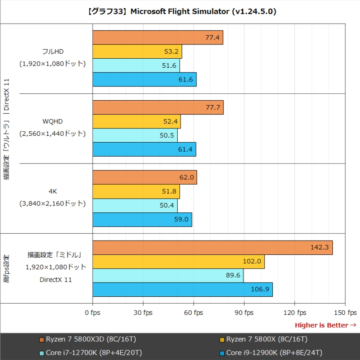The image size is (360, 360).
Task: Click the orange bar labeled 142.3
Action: [x=212, y=248]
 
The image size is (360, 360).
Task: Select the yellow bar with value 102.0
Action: [x=178, y=262]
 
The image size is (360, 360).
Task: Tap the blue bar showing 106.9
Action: [x=182, y=289]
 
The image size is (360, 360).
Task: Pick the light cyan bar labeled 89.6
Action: [x=168, y=276]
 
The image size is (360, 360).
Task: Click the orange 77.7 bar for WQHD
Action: [x=158, y=107]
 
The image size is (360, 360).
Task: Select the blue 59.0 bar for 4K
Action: [x=142, y=219]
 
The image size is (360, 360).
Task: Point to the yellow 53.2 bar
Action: [x=137, y=51]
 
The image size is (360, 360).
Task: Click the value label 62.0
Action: [x=186, y=178]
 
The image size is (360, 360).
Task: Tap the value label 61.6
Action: [x=186, y=80]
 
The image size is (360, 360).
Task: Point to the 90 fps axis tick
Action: [x=244, y=313]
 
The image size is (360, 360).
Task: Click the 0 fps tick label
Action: [x=93, y=313]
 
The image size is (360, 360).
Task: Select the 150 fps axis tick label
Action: [x=345, y=313]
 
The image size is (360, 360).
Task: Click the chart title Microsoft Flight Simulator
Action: [x=180, y=11]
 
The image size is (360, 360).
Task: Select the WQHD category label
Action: [x=53, y=121]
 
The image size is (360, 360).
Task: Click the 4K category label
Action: [x=53, y=191]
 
